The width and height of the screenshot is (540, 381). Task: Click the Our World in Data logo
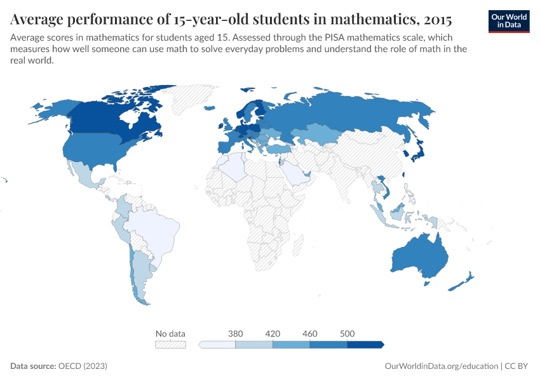[x=508, y=20]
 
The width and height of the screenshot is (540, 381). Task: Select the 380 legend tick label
[x=236, y=333]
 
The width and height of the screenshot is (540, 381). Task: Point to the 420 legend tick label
[x=273, y=333]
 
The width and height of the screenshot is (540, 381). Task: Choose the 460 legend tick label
[x=310, y=333]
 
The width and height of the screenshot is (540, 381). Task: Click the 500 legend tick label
[x=347, y=333]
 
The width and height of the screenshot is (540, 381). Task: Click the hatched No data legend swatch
[x=170, y=344]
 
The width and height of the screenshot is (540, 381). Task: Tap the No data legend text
[x=170, y=333]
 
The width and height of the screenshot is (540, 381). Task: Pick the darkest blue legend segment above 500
[x=365, y=344]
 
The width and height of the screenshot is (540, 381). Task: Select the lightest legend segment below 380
[x=218, y=344]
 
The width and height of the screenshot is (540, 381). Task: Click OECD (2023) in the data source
[x=83, y=366]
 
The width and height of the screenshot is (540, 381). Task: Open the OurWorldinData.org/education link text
[x=442, y=366]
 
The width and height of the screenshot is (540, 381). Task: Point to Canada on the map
[x=108, y=121]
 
